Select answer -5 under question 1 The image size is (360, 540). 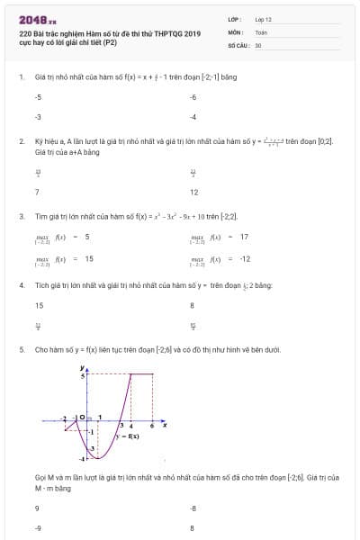click(38, 96)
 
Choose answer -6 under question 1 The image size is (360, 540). click(193, 96)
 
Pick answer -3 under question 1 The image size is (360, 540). click(38, 117)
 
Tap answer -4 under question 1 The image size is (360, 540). click(193, 117)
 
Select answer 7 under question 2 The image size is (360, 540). click(37, 192)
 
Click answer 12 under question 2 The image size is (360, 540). click(194, 192)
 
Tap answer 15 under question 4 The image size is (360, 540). click(39, 305)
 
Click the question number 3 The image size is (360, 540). click(22, 217)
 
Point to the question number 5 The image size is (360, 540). click(22, 349)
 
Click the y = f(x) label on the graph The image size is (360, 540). click(127, 435)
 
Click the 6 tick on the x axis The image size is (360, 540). click(151, 425)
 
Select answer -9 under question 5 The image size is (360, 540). click(38, 528)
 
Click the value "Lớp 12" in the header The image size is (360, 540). click(263, 18)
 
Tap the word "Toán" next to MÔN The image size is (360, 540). click(261, 31)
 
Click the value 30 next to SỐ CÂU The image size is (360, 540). click(258, 44)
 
